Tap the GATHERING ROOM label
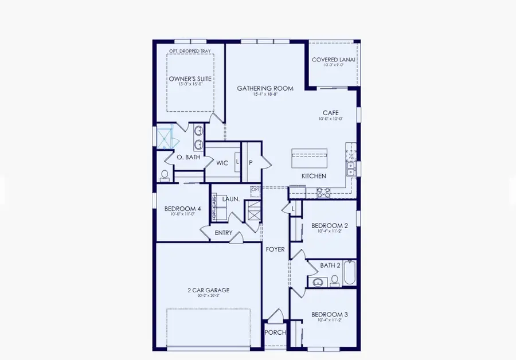(x=265, y=88)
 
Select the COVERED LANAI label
(x=334, y=60)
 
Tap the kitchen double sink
(x=350, y=167)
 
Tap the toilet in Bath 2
(x=334, y=280)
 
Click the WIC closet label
(x=222, y=163)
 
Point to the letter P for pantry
(x=251, y=163)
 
